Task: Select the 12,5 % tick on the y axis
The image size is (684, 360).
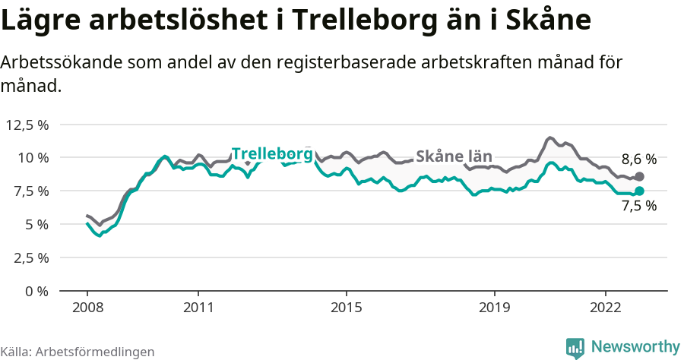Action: [x=28, y=125]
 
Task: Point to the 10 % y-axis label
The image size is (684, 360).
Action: [x=33, y=158]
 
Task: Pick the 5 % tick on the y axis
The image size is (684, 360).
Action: [x=37, y=224]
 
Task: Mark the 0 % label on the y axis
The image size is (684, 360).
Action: [x=37, y=291]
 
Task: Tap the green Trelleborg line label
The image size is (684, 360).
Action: [x=272, y=153]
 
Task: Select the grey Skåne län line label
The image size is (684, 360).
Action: [x=454, y=156]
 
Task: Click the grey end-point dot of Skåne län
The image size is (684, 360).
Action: [x=639, y=176]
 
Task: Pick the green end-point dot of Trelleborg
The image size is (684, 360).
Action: [x=639, y=191]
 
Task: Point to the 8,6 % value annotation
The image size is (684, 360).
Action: [x=638, y=159]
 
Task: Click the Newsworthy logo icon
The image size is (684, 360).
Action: [x=575, y=347]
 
